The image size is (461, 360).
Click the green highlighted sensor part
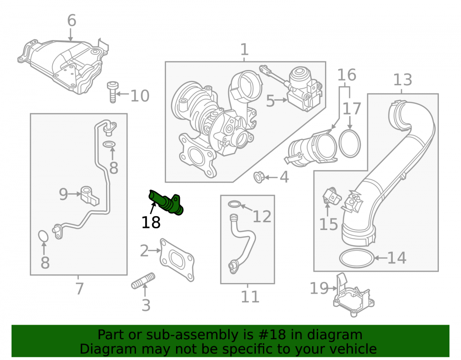click(x=166, y=202)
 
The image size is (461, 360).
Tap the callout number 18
click(x=151, y=223)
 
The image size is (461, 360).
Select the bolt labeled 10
click(x=112, y=92)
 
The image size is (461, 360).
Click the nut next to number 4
click(x=259, y=177)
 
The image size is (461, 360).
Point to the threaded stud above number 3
click(x=143, y=281)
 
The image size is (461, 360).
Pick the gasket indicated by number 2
click(x=177, y=260)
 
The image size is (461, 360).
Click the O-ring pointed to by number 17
click(x=349, y=144)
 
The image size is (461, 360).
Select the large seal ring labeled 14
click(x=357, y=258)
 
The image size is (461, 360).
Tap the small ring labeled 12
click(x=234, y=204)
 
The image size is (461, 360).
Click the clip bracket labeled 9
click(x=89, y=195)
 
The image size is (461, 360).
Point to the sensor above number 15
click(x=332, y=195)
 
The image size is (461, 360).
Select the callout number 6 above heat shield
click(x=72, y=21)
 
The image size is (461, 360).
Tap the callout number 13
click(x=402, y=80)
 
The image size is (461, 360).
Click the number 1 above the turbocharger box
click(x=244, y=49)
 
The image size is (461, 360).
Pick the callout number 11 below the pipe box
click(x=250, y=297)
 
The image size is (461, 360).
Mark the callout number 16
click(x=347, y=75)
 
